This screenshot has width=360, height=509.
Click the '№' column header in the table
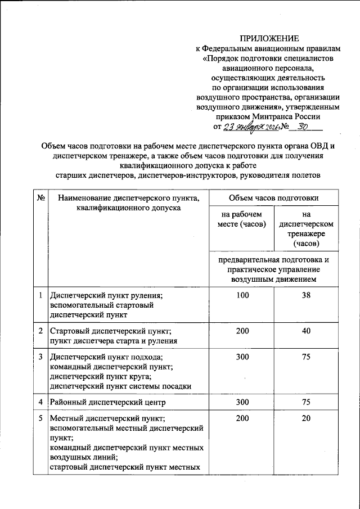40,198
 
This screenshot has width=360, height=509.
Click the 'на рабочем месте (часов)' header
241,219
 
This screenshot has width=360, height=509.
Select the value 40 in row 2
306,331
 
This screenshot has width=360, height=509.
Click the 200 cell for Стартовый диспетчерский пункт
242,331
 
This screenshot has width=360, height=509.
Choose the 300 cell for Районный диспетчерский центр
242,403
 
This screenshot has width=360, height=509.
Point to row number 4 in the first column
40,403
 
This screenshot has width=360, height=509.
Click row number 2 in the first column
40,331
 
